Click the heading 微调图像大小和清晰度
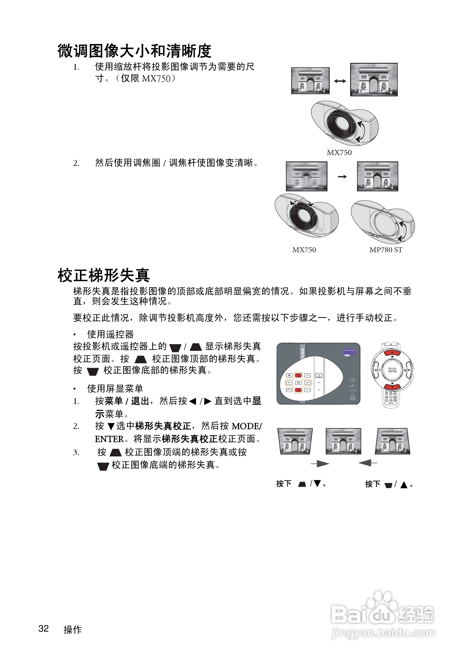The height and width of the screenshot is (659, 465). click(134, 51)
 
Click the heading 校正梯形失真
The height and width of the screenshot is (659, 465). click(104, 275)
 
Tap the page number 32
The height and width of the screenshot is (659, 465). click(44, 628)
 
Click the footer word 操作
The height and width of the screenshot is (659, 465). click(73, 629)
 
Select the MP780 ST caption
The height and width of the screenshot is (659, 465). click(386, 250)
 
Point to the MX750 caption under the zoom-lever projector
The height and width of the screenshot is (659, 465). click(339, 152)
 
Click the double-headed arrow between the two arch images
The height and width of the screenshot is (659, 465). click(340, 81)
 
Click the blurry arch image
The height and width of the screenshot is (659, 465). click(306, 176)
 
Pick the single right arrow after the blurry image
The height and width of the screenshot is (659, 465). click(342, 177)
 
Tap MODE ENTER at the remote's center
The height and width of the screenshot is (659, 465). click(392, 370)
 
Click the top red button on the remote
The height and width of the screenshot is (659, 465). click(392, 353)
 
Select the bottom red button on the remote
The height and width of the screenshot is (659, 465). click(392, 387)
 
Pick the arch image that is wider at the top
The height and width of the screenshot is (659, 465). click(295, 441)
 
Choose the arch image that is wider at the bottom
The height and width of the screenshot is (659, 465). click(392, 441)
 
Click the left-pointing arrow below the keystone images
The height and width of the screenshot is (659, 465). click(368, 463)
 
